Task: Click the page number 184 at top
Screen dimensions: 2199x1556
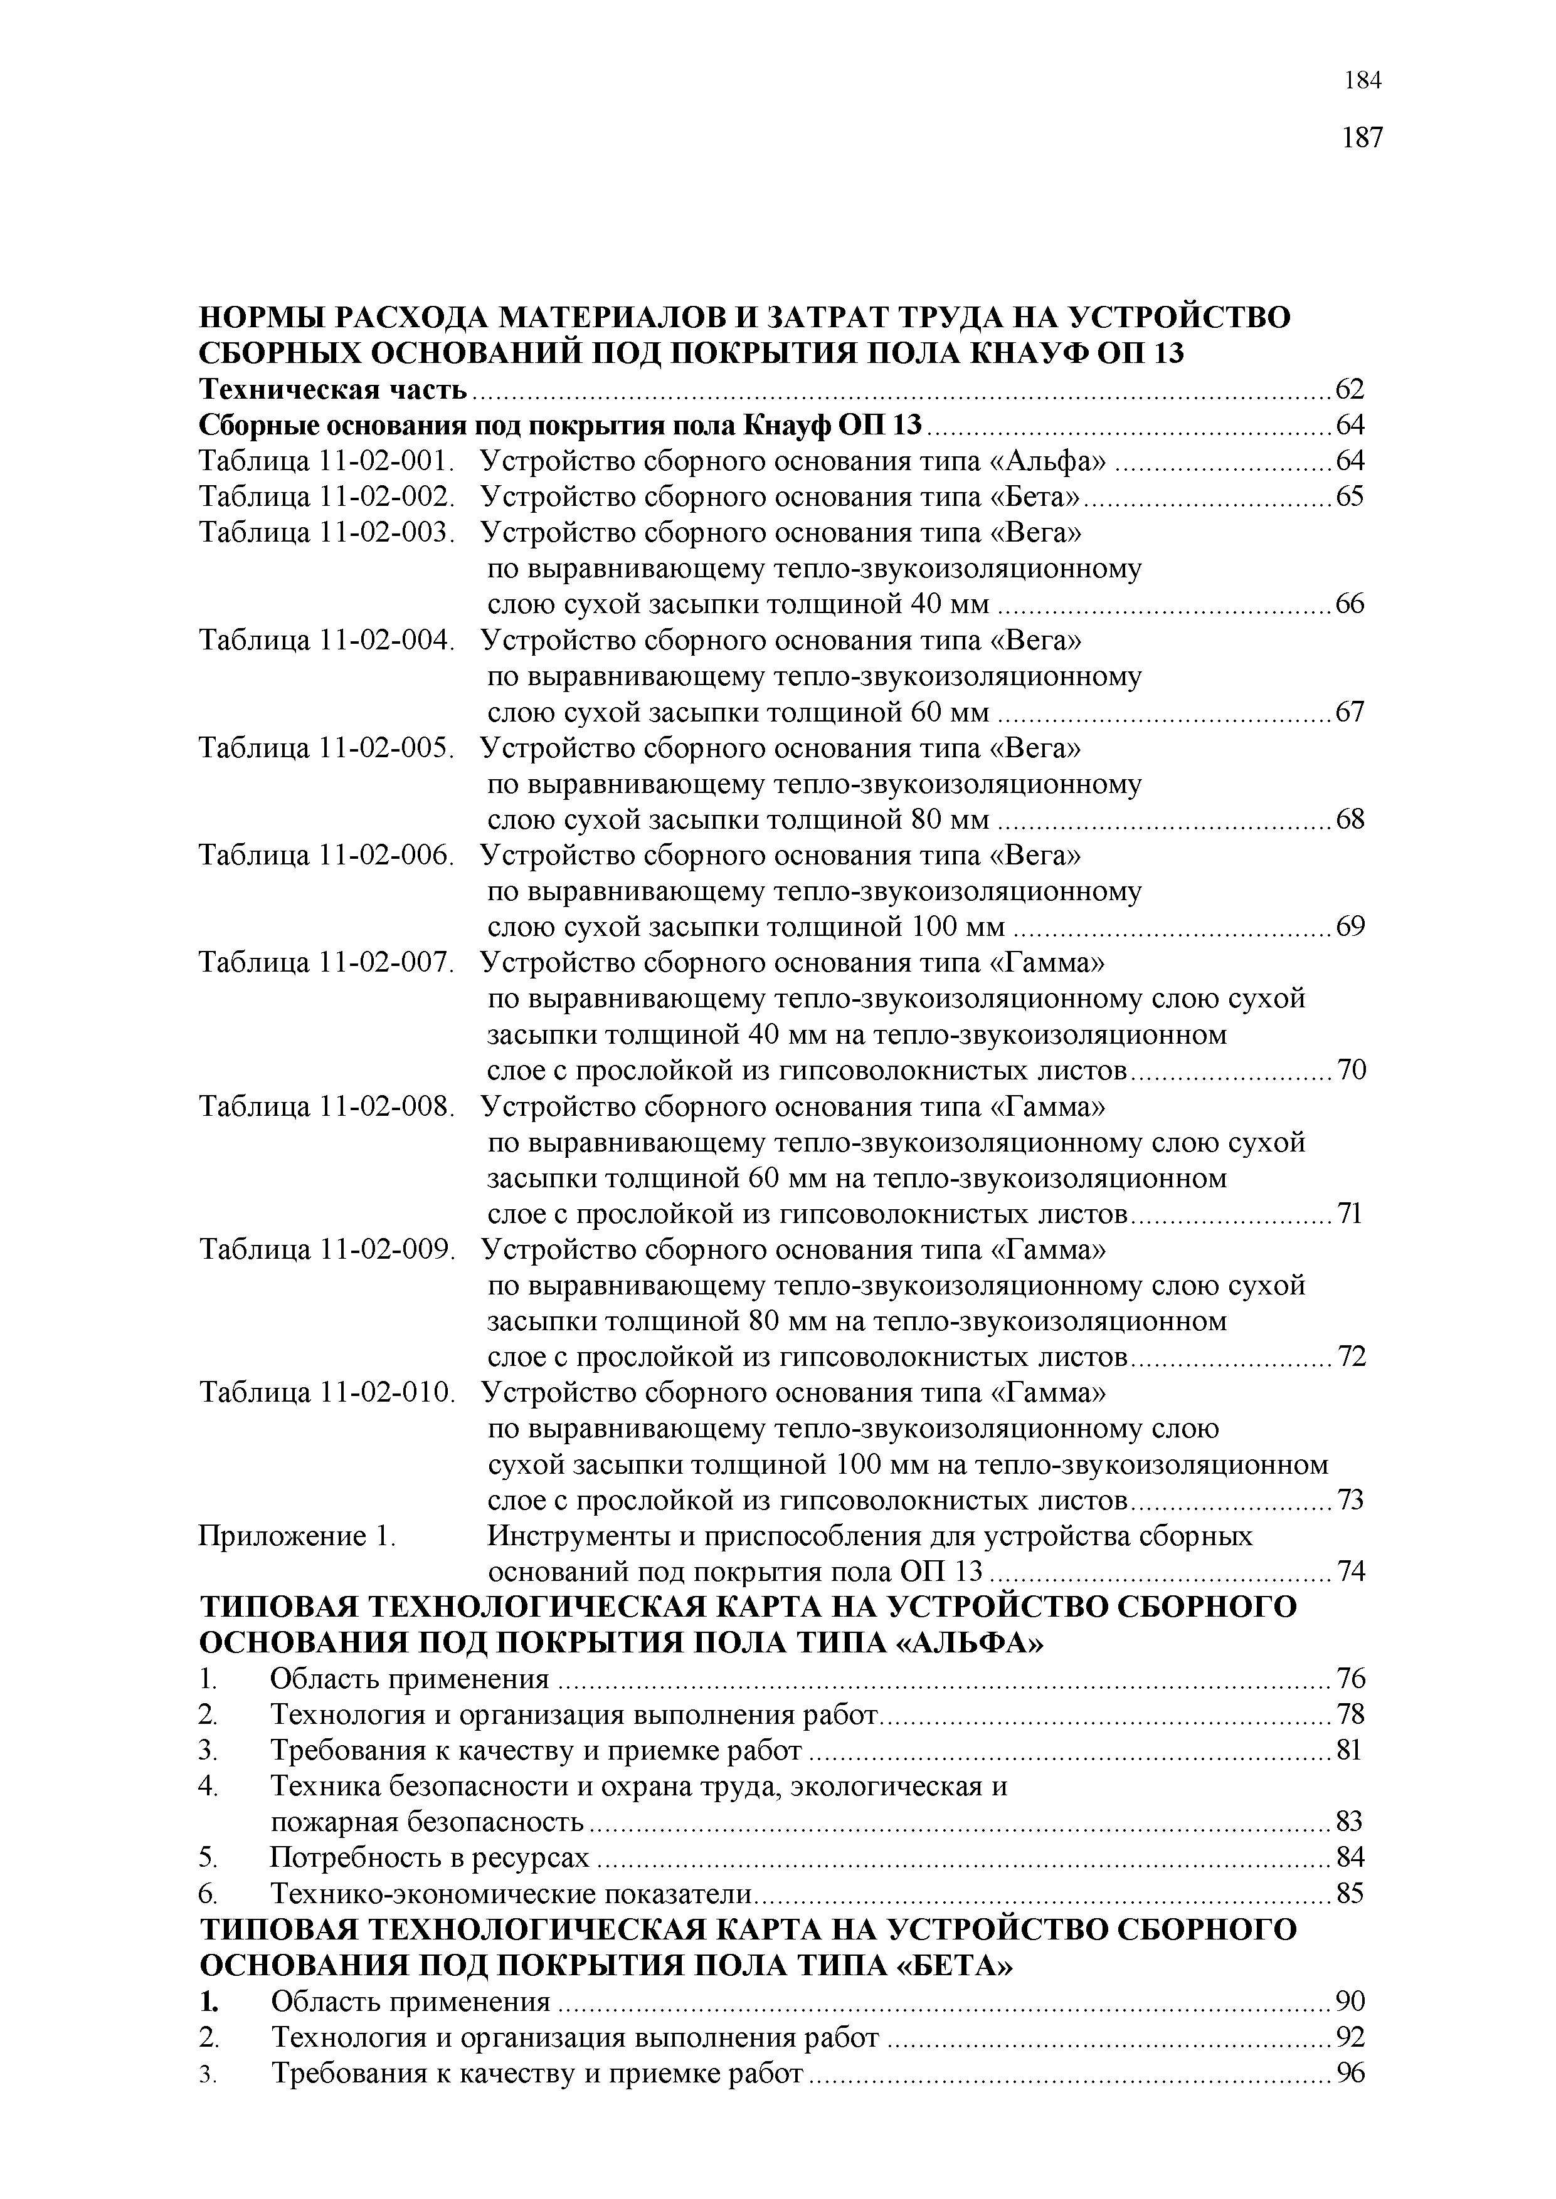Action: tap(1362, 81)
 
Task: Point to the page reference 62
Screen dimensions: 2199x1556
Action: tap(1350, 390)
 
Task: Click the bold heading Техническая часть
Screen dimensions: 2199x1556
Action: tap(332, 390)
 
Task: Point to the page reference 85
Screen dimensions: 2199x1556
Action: tap(1350, 1894)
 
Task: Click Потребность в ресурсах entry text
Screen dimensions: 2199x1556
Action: tap(429, 1858)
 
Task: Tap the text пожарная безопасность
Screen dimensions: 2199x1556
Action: tap(427, 1822)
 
